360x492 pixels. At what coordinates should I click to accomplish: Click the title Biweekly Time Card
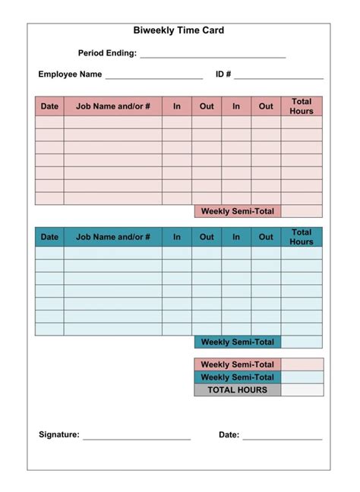(x=178, y=30)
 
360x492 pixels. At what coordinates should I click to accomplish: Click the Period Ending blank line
(x=213, y=56)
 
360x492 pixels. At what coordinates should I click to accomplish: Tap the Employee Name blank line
(x=154, y=77)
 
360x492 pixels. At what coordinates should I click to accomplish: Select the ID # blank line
(x=279, y=77)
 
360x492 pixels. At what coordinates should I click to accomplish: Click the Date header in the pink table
(x=49, y=106)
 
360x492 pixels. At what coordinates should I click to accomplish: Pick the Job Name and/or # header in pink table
(x=113, y=106)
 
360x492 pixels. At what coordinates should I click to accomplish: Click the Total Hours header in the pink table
(x=302, y=106)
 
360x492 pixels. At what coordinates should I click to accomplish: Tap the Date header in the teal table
(x=49, y=237)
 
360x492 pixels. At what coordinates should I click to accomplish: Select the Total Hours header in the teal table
(x=302, y=237)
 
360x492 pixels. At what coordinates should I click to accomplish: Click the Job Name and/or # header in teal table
(x=113, y=237)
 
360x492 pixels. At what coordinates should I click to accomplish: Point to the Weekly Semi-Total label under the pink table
(x=238, y=211)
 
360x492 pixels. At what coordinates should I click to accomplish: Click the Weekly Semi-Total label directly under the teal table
(x=238, y=342)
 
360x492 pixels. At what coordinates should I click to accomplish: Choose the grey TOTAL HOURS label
(x=238, y=390)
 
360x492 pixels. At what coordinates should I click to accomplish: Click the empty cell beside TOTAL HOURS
(x=302, y=390)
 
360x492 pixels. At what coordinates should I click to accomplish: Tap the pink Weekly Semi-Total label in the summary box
(x=238, y=364)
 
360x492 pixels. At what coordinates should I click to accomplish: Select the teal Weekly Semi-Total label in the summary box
(x=238, y=377)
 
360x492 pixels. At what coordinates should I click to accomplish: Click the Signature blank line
(x=137, y=438)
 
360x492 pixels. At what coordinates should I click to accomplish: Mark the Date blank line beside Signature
(x=283, y=438)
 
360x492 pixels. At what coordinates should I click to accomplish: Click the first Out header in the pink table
(x=207, y=106)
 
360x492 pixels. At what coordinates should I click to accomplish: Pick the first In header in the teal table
(x=177, y=237)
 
